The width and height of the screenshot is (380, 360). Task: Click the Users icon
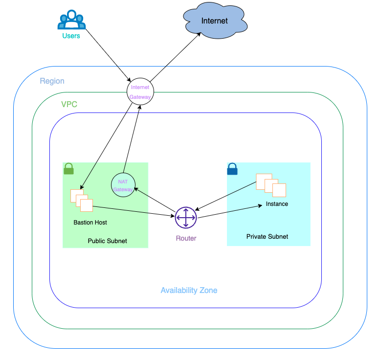point(71,20)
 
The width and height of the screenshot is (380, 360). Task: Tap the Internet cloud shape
point(215,21)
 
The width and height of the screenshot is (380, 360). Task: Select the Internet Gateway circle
point(140,91)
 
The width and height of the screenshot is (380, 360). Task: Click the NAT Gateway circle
point(123,185)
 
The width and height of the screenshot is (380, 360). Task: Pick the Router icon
point(186,218)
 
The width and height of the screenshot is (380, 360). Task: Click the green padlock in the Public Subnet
point(68,168)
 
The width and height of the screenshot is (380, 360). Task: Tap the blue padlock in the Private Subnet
point(232,169)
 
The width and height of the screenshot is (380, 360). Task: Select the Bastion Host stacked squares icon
point(82,201)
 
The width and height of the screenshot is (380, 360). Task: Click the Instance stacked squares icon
point(271,185)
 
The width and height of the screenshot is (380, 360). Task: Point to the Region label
point(52,81)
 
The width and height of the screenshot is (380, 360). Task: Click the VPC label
point(69,104)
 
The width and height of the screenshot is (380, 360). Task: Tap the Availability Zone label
point(189,290)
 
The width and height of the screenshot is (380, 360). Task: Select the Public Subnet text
point(108,241)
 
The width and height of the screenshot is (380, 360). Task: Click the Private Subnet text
point(268,236)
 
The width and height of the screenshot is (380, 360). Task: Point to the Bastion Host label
point(90,222)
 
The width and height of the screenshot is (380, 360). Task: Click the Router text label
point(186,238)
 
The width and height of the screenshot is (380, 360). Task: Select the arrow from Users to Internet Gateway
point(109,55)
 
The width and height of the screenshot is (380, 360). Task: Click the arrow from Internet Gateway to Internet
point(175,57)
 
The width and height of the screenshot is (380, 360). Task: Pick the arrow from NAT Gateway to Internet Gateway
point(132,139)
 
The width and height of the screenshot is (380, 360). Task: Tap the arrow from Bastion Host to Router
point(134,211)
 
